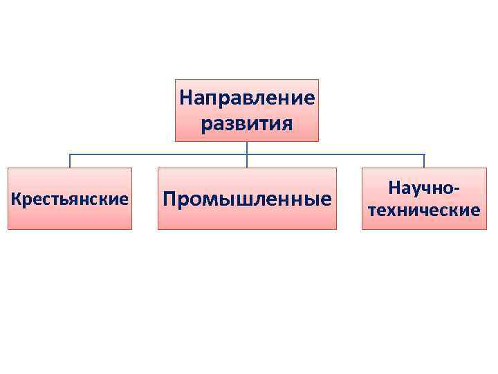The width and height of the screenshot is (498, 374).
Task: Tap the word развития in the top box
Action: [x=247, y=124]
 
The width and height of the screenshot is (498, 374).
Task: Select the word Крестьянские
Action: [x=70, y=199]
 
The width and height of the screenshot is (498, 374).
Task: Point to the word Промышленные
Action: [x=247, y=199]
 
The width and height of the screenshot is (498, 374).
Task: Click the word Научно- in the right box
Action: [x=424, y=188]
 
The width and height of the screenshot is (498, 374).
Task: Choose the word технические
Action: [x=424, y=210]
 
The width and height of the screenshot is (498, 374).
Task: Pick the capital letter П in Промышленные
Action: [x=169, y=199]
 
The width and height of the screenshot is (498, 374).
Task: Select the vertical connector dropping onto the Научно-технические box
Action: [x=424, y=161]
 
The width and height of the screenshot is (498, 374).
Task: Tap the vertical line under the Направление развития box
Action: [x=247, y=147]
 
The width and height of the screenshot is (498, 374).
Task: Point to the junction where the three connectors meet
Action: [x=247, y=154]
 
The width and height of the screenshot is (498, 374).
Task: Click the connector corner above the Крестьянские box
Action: [x=70, y=154]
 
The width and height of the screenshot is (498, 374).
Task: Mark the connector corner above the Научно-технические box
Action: [x=424, y=154]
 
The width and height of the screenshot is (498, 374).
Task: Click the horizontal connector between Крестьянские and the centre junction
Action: [x=158, y=154]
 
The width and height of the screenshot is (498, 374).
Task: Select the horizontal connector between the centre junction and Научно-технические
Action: [x=335, y=154]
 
